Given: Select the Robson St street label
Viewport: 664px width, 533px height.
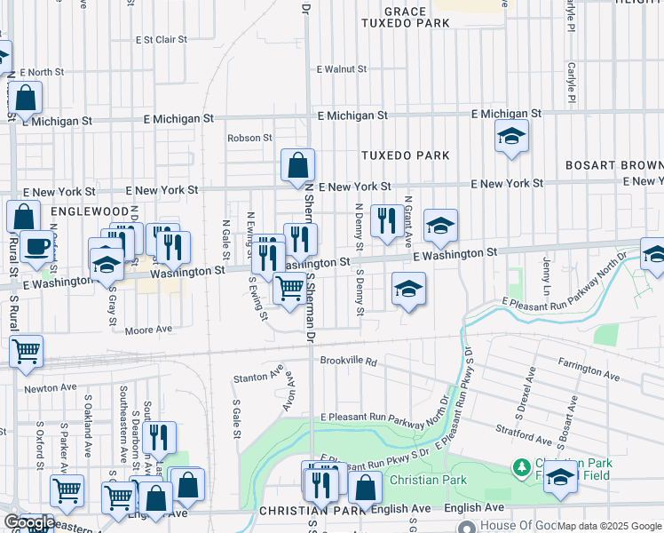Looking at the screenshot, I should pyautogui.click(x=249, y=138).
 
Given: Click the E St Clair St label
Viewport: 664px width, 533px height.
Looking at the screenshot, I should pyautogui.click(x=161, y=40).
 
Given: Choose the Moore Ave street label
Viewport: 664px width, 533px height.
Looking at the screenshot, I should pyautogui.click(x=148, y=330).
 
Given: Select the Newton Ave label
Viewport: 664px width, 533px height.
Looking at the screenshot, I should pyautogui.click(x=47, y=388).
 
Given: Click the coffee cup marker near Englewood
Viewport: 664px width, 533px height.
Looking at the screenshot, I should pyautogui.click(x=36, y=247).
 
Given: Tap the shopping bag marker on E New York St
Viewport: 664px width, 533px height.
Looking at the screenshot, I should pyautogui.click(x=297, y=164).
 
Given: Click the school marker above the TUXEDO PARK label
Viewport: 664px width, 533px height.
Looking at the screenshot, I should pyautogui.click(x=510, y=137).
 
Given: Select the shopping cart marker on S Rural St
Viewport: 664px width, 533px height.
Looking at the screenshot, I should pyautogui.click(x=27, y=351).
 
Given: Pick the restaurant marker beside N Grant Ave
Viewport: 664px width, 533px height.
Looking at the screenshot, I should pyautogui.click(x=384, y=221).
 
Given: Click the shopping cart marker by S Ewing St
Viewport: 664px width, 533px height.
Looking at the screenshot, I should pyautogui.click(x=289, y=290).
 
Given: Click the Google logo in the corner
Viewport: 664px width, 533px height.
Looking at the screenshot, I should pyautogui.click(x=28, y=522).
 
